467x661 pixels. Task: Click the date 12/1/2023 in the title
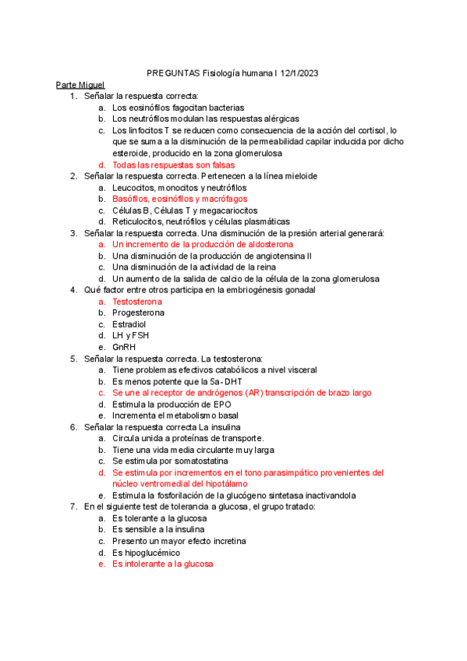coord(298,73)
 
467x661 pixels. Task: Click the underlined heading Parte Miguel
coord(80,84)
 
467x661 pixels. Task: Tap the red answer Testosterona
coord(137,301)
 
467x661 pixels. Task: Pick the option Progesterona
coord(139,313)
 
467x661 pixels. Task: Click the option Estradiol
coord(129,324)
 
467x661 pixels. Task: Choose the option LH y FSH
coord(130,335)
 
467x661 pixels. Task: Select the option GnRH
coord(125,347)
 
